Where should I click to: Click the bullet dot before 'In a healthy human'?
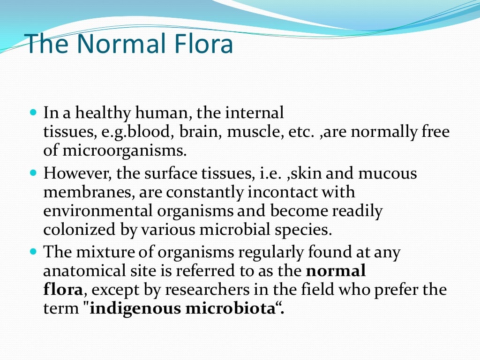(33, 113)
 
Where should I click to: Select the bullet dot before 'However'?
(33, 173)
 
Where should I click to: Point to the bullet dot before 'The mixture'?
(33, 252)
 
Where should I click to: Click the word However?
(75, 173)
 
